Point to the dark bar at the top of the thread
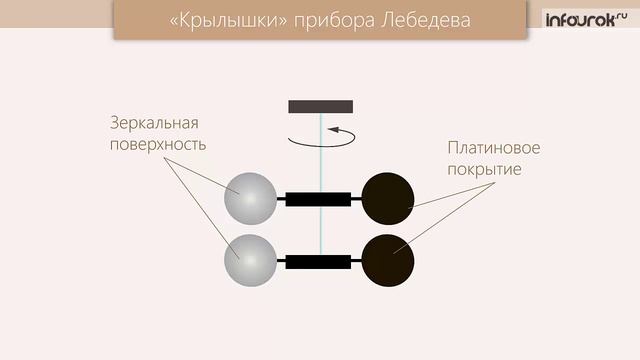point(320,106)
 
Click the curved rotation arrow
point(321,137)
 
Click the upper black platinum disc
point(387,198)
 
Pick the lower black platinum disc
point(387,260)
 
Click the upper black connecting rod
point(318,199)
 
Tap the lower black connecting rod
point(318,262)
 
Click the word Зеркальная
point(155,123)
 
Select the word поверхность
point(159,144)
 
